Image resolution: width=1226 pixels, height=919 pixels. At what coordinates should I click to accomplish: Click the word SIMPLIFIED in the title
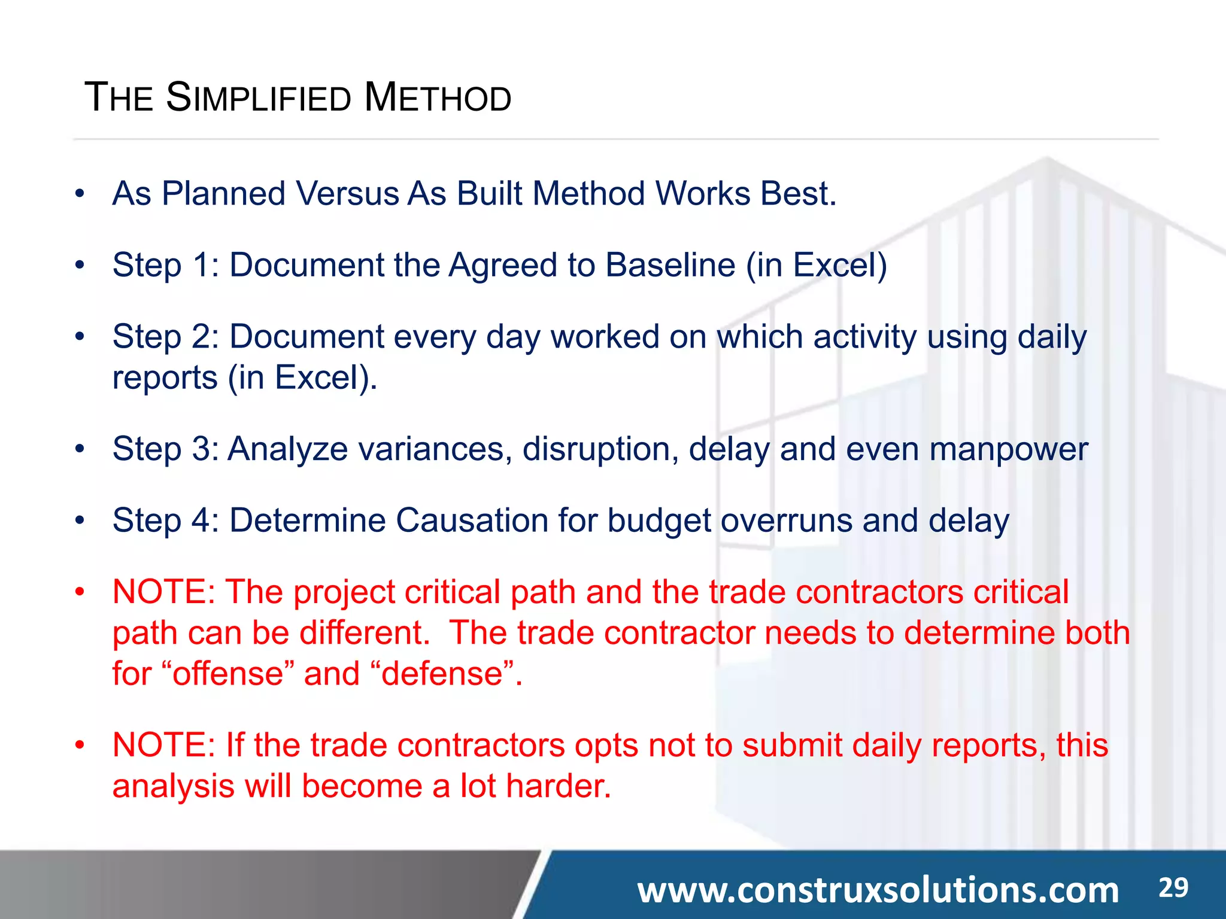pyautogui.click(x=259, y=98)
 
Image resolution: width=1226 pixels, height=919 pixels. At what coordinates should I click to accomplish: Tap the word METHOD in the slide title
pyautogui.click(x=438, y=98)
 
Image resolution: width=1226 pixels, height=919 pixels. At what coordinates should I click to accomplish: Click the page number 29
pyautogui.click(x=1173, y=887)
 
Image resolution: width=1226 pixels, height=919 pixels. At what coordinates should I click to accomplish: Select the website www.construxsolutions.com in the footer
pyautogui.click(x=878, y=890)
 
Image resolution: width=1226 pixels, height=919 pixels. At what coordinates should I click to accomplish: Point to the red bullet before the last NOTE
pyautogui.click(x=80, y=745)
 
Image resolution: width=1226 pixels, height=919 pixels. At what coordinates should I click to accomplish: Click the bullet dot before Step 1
pyautogui.click(x=80, y=265)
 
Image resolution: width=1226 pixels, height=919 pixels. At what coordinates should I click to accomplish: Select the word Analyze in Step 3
pyautogui.click(x=287, y=449)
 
